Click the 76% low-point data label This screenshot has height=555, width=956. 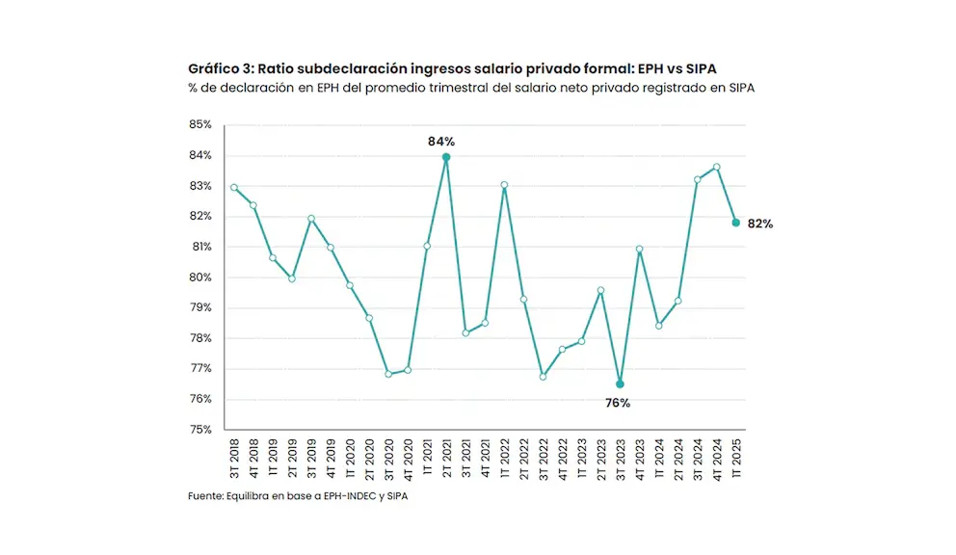(617, 403)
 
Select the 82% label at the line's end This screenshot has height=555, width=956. (760, 224)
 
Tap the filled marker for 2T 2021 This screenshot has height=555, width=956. (446, 157)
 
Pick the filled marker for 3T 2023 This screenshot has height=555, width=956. (620, 383)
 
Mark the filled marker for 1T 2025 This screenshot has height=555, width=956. (736, 223)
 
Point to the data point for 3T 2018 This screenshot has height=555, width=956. (234, 187)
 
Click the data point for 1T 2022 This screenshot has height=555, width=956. (504, 185)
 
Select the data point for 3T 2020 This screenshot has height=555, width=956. (388, 374)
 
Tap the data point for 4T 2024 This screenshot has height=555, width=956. (717, 167)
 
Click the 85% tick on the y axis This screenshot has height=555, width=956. (199, 125)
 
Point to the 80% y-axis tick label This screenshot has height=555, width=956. (199, 277)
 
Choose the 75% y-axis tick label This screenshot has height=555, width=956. (199, 430)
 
